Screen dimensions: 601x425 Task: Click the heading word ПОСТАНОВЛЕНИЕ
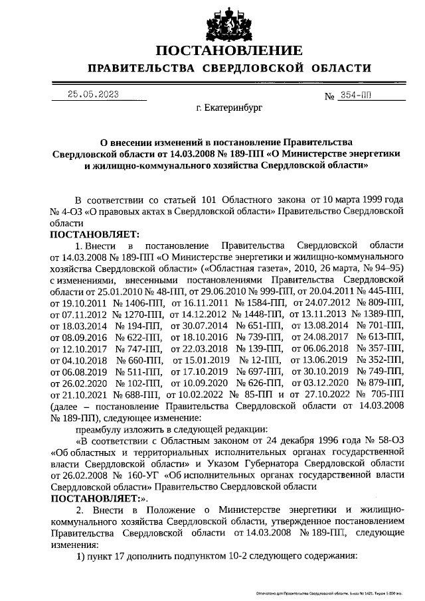coord(229,50)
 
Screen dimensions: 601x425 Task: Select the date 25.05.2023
coord(94,94)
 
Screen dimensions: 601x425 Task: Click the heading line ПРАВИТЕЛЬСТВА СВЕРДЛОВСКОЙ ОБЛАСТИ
coord(229,68)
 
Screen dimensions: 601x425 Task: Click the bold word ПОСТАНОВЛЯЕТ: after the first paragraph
coord(93,234)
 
